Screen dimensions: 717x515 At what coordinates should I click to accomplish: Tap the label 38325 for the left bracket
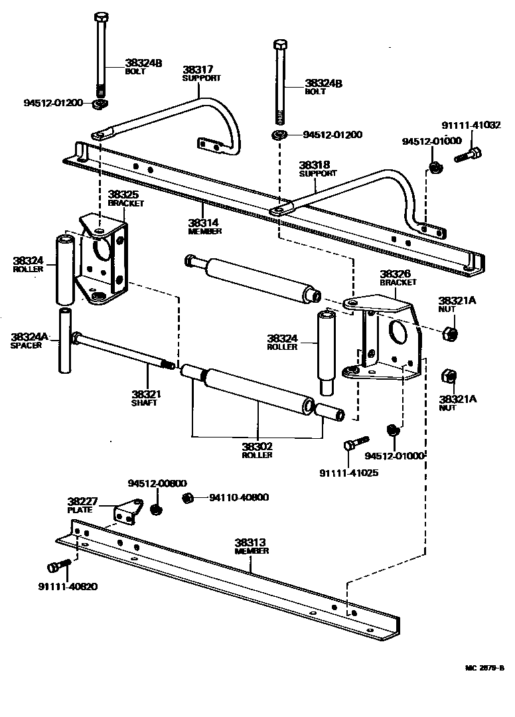point(123,195)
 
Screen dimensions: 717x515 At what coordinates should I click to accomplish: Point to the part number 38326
point(394,273)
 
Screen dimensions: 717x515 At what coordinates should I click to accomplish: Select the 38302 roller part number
point(257,447)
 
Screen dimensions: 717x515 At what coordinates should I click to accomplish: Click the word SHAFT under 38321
point(145,403)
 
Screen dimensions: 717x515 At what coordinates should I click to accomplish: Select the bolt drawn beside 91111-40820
point(58,566)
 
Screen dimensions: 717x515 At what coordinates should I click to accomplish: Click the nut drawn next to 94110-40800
point(188,497)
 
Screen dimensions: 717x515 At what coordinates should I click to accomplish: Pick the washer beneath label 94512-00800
point(157,509)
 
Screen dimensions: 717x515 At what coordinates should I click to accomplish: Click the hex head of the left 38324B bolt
point(100,17)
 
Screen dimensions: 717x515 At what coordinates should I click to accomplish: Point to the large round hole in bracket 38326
point(398,332)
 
